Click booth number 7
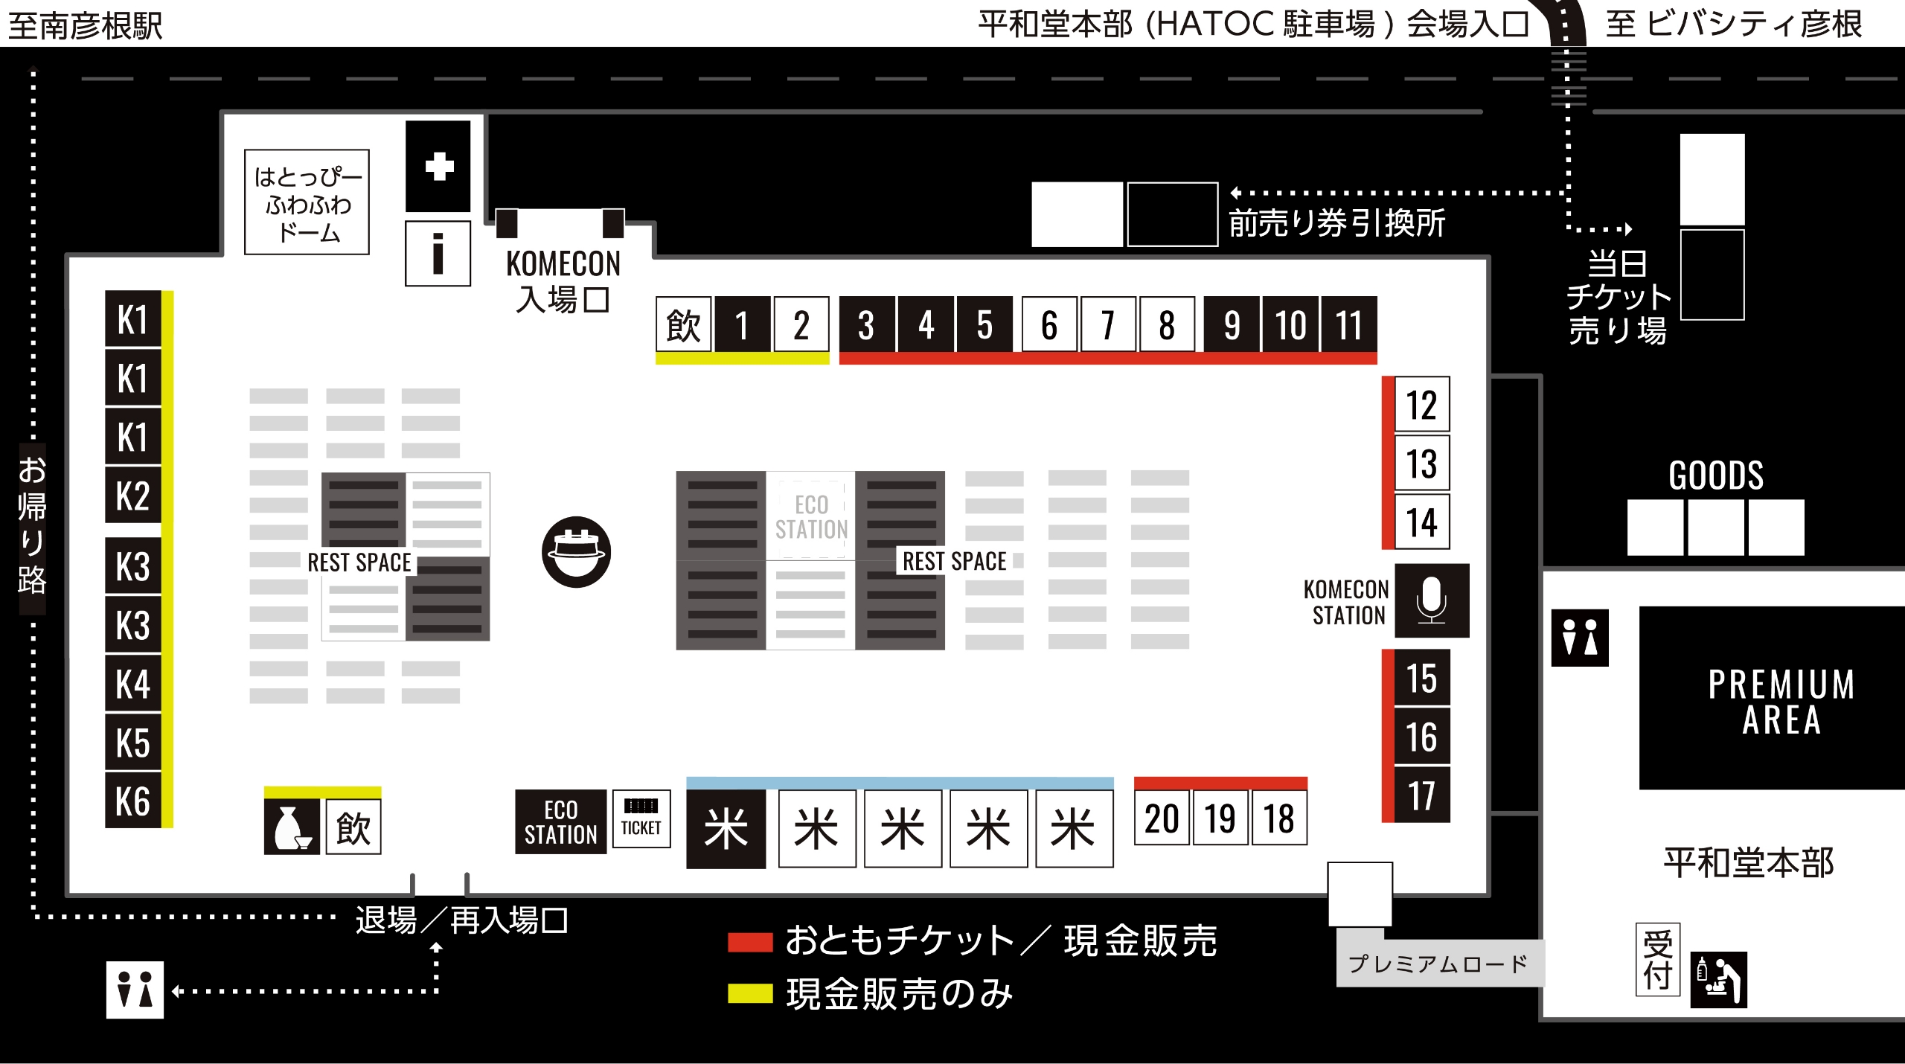coord(1108,324)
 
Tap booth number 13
coord(1421,464)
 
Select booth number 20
coord(1162,818)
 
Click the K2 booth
coord(133,496)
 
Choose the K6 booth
coord(133,801)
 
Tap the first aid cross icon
coord(438,166)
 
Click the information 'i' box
coord(438,253)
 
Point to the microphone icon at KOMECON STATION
coord(1431,600)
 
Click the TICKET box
coord(641,818)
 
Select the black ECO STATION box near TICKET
coord(560,821)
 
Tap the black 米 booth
coord(726,828)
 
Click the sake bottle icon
coord(292,827)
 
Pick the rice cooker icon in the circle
coord(576,551)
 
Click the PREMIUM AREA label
coord(1781,701)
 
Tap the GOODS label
coord(1716,475)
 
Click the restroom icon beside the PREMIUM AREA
coord(1579,638)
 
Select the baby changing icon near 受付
coord(1718,980)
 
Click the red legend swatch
coord(750,942)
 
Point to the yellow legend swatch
coord(750,994)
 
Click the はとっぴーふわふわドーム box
coord(307,202)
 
